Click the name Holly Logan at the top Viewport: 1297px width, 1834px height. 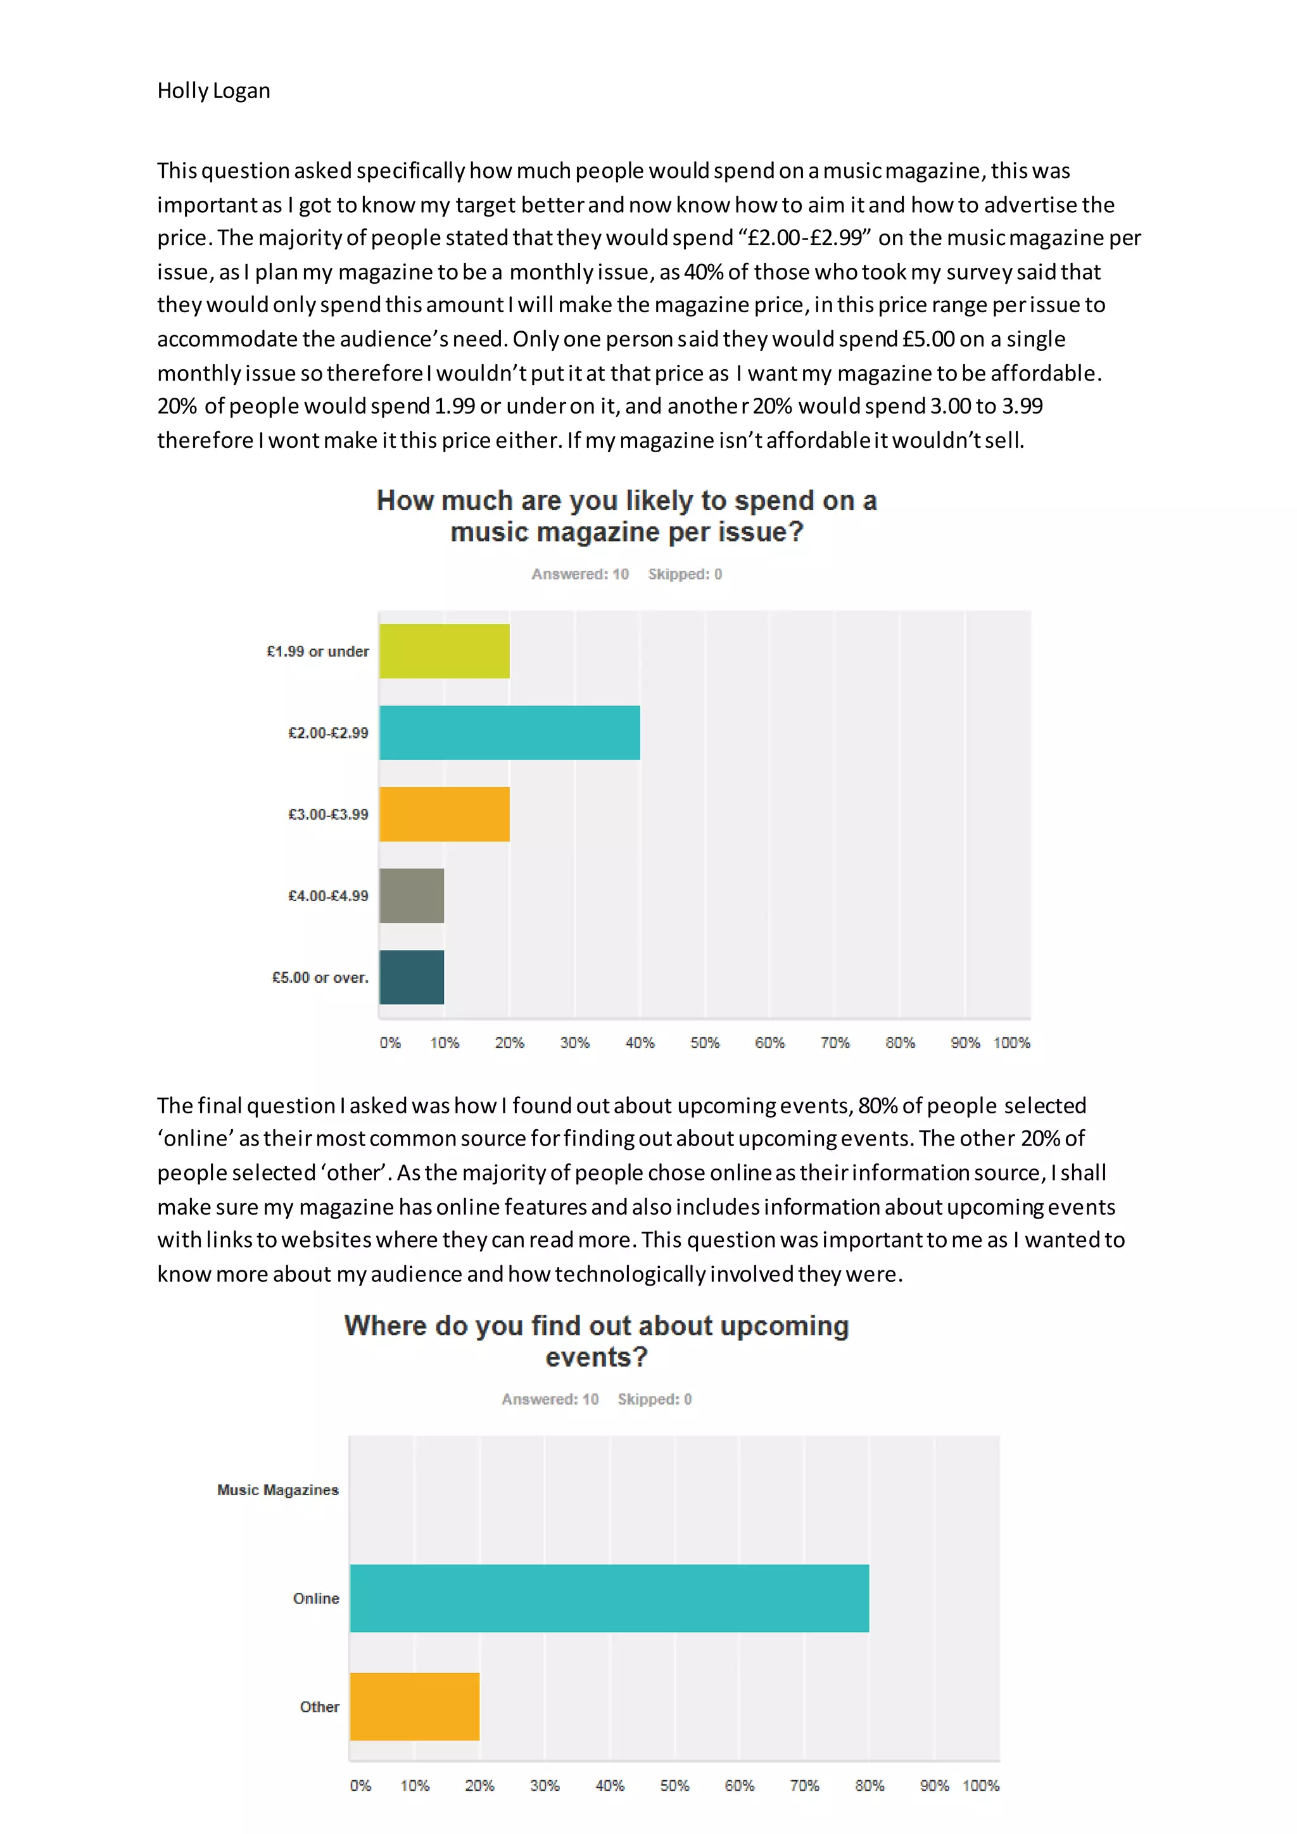pos(213,91)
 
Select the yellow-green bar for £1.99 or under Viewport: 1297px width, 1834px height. pos(444,651)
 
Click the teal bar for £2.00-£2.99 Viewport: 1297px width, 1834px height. pos(510,733)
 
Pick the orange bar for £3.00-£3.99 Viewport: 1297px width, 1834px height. pos(444,814)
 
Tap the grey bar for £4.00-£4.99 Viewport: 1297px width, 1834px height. pos(411,895)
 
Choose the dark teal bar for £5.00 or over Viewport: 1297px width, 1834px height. pos(411,977)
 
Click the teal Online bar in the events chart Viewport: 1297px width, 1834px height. pos(609,1598)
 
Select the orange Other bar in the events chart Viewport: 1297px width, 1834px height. pos(415,1707)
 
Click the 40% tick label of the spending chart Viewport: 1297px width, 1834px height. pos(640,1043)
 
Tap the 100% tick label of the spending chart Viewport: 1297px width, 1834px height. pos(1011,1043)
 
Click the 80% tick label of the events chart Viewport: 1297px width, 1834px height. pos(869,1786)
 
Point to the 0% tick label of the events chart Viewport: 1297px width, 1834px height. pos(360,1786)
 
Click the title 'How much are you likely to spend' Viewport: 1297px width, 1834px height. pos(627,502)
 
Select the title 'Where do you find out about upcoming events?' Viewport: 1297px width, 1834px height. pos(597,1342)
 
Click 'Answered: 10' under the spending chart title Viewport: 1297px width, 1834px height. pos(580,574)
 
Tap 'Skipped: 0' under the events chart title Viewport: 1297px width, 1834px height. pos(654,1400)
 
